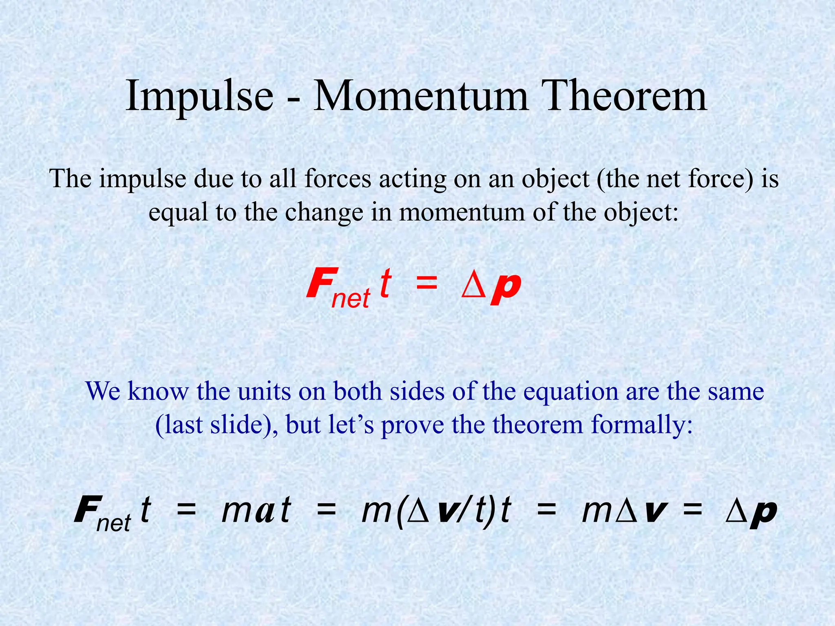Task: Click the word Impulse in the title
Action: [x=199, y=97]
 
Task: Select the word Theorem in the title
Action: [x=625, y=96]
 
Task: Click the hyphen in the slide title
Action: [x=293, y=100]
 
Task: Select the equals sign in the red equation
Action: [x=426, y=283]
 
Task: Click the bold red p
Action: [x=506, y=285]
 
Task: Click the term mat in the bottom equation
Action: [x=256, y=511]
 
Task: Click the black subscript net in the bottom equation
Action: [x=113, y=523]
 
